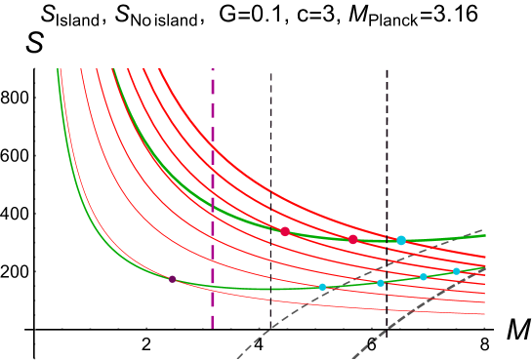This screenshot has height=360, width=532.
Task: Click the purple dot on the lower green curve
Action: (x=173, y=279)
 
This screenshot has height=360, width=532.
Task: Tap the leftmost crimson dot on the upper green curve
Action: (x=285, y=231)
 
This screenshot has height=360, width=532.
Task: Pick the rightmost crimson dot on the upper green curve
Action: (x=353, y=239)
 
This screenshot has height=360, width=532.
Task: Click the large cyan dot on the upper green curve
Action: (x=401, y=240)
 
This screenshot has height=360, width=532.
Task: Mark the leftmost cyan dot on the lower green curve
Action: (x=322, y=287)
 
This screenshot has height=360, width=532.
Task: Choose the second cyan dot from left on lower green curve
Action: (x=381, y=283)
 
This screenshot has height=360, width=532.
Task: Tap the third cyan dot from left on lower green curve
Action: (x=423, y=277)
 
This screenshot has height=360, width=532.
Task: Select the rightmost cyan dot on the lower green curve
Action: (x=456, y=271)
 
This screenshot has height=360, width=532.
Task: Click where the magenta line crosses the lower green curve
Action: (x=212, y=286)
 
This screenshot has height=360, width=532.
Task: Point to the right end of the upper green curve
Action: (x=484, y=235)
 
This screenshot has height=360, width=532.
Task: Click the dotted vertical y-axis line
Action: (x=36, y=195)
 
